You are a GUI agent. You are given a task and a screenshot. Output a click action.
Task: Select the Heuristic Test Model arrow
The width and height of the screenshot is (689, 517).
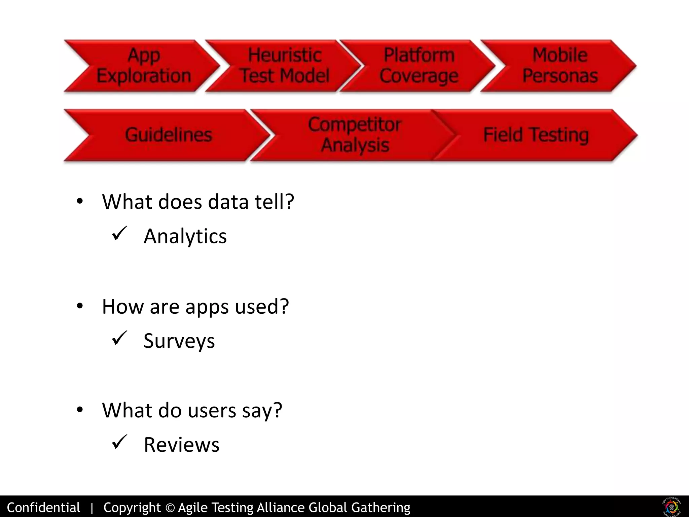pyautogui.click(x=285, y=66)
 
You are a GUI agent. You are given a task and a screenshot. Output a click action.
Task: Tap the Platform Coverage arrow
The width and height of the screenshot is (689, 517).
pyautogui.click(x=419, y=66)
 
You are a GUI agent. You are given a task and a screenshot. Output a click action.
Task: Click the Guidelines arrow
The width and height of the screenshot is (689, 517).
pyautogui.click(x=168, y=135)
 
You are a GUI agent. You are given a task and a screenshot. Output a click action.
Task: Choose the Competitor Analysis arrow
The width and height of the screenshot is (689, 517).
pyautogui.click(x=355, y=135)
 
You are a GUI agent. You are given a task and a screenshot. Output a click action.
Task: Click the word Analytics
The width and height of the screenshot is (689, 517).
pyautogui.click(x=185, y=236)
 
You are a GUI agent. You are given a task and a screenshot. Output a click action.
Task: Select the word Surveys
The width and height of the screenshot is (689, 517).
pyautogui.click(x=179, y=341)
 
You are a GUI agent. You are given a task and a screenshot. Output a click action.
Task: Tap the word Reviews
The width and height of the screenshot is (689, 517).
pyautogui.click(x=181, y=445)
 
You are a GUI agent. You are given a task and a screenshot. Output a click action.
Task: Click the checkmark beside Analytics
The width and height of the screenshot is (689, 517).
pyautogui.click(x=119, y=233)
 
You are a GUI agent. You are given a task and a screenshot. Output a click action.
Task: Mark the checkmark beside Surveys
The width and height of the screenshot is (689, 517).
pyautogui.click(x=119, y=338)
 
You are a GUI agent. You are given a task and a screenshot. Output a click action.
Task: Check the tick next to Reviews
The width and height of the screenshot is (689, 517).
pyautogui.click(x=119, y=442)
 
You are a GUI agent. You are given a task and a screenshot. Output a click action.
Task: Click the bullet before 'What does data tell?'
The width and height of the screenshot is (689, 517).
pyautogui.click(x=80, y=202)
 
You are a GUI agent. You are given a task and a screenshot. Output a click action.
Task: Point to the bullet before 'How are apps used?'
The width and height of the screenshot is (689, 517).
pyautogui.click(x=80, y=306)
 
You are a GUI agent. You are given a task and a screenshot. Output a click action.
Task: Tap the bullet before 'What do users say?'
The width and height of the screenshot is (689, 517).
pyautogui.click(x=80, y=410)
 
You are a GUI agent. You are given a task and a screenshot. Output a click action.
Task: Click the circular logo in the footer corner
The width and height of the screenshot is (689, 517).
pyautogui.click(x=672, y=506)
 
